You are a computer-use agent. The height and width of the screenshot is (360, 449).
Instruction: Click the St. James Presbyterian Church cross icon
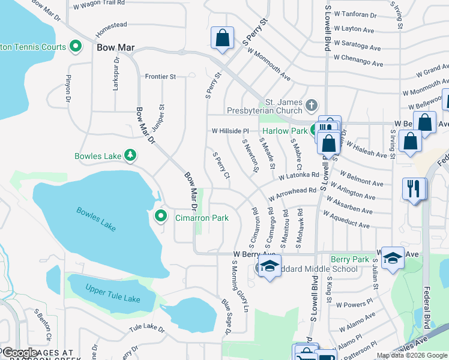click(310, 106)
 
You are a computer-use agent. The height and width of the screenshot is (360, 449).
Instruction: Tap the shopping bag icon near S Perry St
click(222, 37)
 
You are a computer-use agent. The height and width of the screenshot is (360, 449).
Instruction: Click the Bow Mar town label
click(114, 47)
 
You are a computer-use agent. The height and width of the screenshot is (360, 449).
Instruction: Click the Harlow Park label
click(284, 130)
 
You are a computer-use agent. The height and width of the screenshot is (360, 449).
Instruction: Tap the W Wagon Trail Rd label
click(98, 7)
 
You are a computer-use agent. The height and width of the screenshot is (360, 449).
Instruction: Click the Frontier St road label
click(160, 77)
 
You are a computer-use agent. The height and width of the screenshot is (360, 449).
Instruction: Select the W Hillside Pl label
click(229, 131)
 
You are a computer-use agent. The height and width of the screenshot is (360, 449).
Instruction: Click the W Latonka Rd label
click(298, 176)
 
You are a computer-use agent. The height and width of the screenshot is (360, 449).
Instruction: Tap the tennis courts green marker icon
click(76, 45)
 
